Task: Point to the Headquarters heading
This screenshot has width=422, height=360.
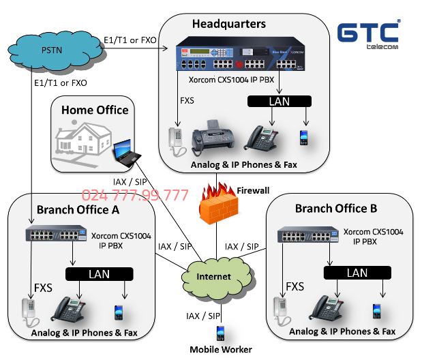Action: point(228,25)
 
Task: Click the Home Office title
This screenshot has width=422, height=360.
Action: point(95,110)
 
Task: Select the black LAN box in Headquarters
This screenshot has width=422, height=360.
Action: point(279,101)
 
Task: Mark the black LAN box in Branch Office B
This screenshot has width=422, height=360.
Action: point(357,272)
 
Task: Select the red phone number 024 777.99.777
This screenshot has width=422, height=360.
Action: point(135,196)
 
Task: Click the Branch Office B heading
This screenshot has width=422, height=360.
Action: point(335,208)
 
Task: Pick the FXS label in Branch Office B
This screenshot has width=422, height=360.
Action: point(295,286)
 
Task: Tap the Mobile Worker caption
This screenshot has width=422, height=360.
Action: point(221,350)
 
